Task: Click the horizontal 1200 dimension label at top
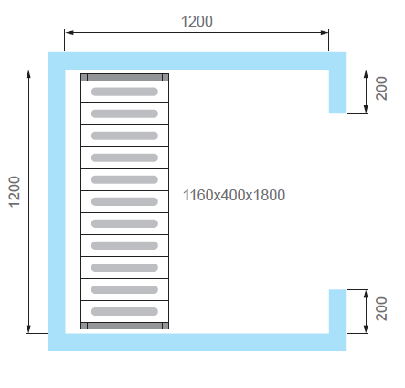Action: coord(197,21)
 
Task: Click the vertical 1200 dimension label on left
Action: coord(15,192)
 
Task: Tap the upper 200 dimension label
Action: coord(381,88)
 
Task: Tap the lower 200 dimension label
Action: coord(381,308)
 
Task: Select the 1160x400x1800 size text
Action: coord(234,195)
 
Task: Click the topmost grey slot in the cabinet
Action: coord(124,92)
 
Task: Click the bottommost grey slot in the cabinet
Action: coord(124,311)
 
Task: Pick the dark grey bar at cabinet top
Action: coord(124,77)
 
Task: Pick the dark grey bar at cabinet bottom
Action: coord(124,326)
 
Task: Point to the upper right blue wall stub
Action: coord(337,92)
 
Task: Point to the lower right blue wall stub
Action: coord(337,311)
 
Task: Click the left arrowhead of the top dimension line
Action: coord(69,32)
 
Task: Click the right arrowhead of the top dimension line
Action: coord(325,32)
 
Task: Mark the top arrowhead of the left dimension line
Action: coord(28,74)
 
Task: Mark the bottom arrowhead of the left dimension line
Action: coord(28,329)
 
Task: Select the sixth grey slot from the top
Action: coord(124,201)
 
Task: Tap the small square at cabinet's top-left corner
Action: coord(84,77)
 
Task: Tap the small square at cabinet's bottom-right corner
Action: coord(165,326)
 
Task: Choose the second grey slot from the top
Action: coord(124,113)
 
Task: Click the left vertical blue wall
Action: coord(57,201)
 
